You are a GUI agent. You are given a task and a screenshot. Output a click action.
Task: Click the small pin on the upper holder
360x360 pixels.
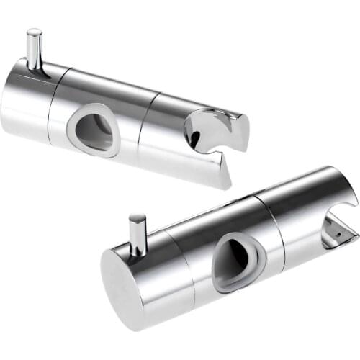point(34,50)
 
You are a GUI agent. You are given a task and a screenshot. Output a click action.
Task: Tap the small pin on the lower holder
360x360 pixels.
point(137,234)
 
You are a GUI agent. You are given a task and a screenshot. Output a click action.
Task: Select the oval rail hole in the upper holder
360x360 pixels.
point(94,130)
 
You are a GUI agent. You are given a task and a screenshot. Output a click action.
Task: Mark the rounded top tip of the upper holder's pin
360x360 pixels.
point(33,32)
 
